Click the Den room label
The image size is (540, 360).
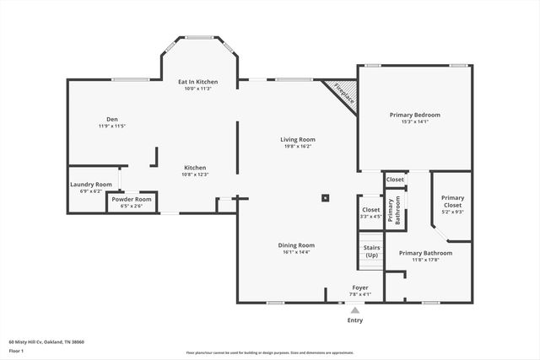tap(111, 119)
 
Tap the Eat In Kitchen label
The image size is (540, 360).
tap(197, 82)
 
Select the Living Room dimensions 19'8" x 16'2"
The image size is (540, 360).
tap(298, 146)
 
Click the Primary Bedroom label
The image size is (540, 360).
tap(414, 115)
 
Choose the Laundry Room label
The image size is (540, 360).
tap(90, 184)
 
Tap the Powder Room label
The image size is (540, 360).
tap(131, 199)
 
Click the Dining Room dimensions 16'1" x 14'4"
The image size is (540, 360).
tap(295, 252)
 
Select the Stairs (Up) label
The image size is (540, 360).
tap(371, 251)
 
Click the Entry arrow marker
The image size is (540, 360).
tap(355, 310)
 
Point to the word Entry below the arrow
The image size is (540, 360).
tap(355, 320)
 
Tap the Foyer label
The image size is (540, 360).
tap(360, 287)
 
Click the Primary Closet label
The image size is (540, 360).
tap(453, 201)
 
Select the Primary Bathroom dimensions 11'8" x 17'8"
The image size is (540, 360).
tap(425, 260)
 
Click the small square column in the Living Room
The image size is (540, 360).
tap(324, 199)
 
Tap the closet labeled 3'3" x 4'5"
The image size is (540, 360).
tap(370, 212)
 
